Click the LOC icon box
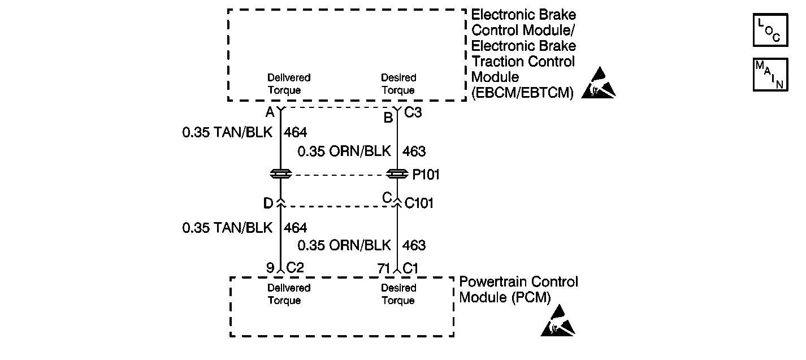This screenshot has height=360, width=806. click(x=770, y=30)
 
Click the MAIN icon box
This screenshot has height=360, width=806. click(x=770, y=74)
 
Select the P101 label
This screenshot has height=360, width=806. click(x=426, y=175)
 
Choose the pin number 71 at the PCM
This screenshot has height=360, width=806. click(x=384, y=268)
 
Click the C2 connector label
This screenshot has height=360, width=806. click(x=295, y=268)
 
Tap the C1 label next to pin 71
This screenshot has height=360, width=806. click(x=410, y=268)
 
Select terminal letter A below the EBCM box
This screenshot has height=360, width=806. click(x=270, y=113)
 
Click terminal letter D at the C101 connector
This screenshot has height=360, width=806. click(x=268, y=202)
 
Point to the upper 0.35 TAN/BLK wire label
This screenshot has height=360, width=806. click(x=227, y=133)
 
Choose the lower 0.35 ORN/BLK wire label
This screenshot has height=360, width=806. click(x=344, y=245)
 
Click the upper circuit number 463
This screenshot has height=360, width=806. click(x=414, y=151)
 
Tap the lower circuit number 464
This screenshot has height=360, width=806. click(x=296, y=228)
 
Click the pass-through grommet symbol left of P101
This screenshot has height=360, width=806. click(x=280, y=175)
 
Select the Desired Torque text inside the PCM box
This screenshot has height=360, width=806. click(x=398, y=294)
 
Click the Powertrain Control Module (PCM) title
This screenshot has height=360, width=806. click(x=518, y=289)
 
